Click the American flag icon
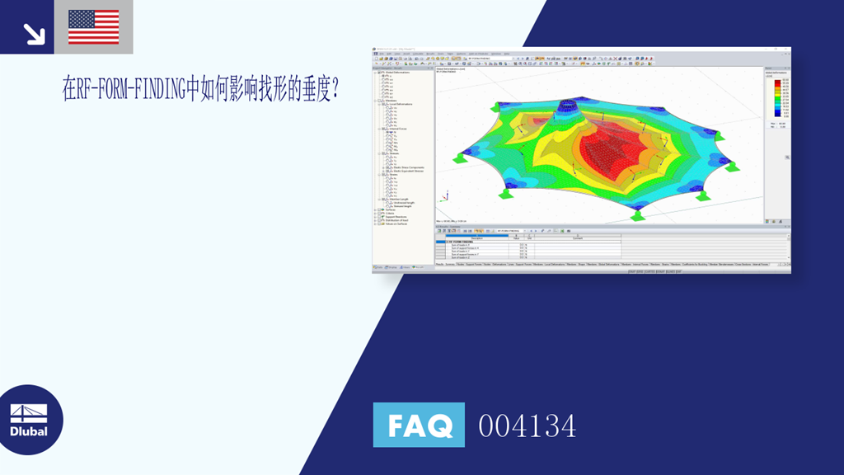(93, 27)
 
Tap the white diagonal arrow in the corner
(34, 33)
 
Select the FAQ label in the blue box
(419, 426)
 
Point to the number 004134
(527, 426)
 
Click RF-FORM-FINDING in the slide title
(131, 89)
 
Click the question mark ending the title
(335, 89)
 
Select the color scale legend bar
(776, 100)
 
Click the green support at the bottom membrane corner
(637, 216)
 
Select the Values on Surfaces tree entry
(395, 224)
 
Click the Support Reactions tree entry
(396, 217)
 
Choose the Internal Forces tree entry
(393, 129)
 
